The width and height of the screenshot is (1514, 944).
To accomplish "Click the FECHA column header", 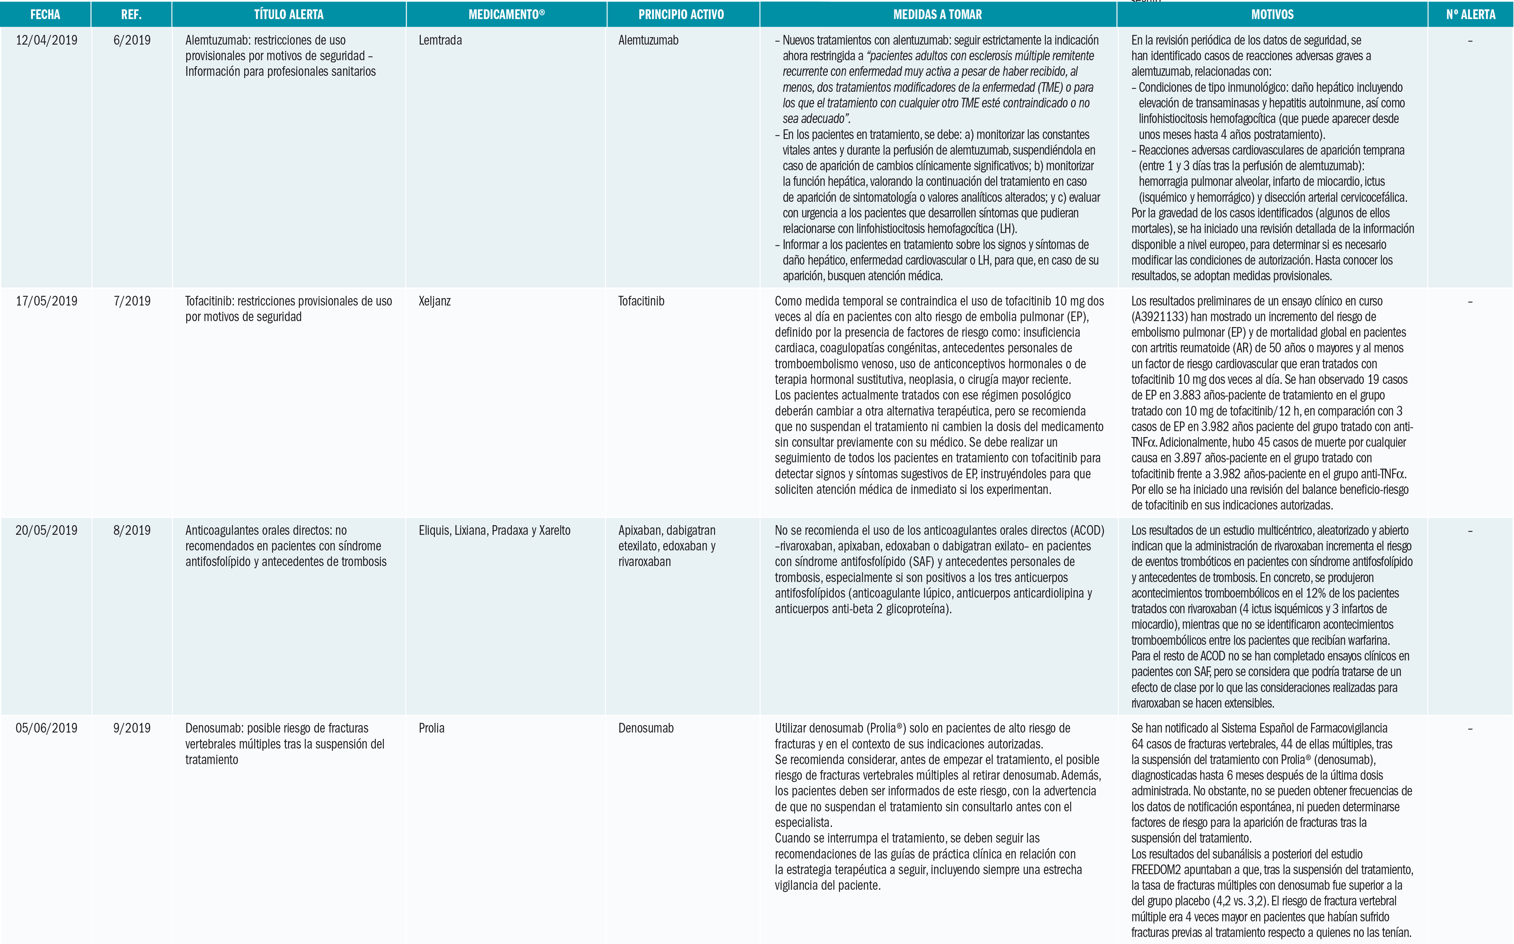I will [45, 14].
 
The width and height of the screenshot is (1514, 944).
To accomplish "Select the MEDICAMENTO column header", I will [506, 14].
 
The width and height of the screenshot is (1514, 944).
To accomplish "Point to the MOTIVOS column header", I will [1272, 14].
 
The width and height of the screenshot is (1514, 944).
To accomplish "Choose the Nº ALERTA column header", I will [1470, 14].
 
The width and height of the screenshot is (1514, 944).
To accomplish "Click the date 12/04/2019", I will [46, 41].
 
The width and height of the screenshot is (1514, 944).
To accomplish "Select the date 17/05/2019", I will [46, 301].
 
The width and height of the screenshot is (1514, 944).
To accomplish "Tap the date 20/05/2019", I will [46, 530].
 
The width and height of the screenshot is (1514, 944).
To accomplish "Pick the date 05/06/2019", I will [46, 728].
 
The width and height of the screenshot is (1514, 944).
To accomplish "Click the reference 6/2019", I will [132, 41].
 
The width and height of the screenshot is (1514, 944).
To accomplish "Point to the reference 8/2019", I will [132, 530].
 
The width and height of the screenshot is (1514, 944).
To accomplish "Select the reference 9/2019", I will [132, 728].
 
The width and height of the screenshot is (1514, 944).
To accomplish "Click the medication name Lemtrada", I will [440, 41].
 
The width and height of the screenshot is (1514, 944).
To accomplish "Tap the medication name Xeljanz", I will [435, 301].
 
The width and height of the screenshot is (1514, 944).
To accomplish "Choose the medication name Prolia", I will [432, 728].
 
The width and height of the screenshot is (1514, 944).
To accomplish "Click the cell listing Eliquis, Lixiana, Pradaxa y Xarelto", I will [494, 530].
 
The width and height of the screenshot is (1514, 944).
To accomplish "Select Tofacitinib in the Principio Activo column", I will [641, 301].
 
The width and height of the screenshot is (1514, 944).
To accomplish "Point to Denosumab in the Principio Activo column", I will [646, 728].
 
